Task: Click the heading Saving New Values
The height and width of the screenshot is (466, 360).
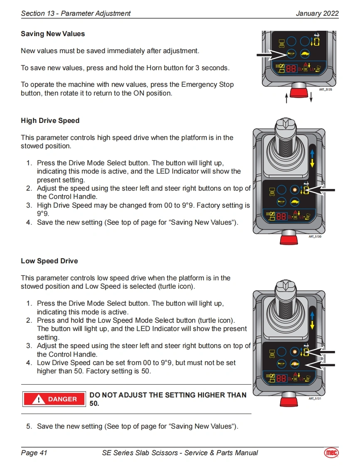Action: tap(53, 34)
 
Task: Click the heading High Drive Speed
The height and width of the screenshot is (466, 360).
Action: tap(50, 121)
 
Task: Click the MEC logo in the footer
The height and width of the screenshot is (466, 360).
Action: tap(331, 453)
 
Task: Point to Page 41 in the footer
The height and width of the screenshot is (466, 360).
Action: tap(34, 453)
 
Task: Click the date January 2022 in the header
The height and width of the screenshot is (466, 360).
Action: tap(317, 13)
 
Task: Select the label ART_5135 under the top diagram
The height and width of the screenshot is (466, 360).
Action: tap(325, 89)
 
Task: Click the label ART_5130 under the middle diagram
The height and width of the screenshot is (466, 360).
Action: tap(315, 236)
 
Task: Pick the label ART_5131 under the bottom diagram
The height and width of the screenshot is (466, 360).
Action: tap(315, 398)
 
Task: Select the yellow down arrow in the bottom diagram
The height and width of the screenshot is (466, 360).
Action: tap(312, 326)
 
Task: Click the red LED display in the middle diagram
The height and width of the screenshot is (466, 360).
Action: tap(281, 216)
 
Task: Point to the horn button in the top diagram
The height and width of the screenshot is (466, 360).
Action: tap(291, 54)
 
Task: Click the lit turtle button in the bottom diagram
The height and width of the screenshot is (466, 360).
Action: tap(295, 364)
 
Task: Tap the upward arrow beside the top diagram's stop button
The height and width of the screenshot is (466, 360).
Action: tap(286, 98)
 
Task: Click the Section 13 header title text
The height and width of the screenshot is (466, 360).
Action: tap(76, 13)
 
